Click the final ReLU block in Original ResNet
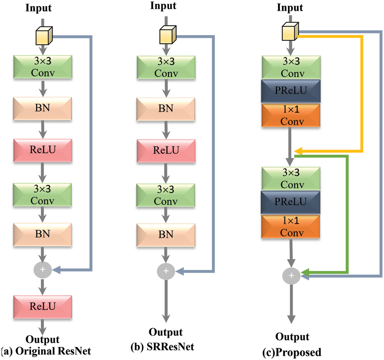42,306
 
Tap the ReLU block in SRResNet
166,150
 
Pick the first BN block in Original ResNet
42,108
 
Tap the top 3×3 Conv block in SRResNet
166,67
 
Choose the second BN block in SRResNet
166,234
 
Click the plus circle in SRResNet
166,271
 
